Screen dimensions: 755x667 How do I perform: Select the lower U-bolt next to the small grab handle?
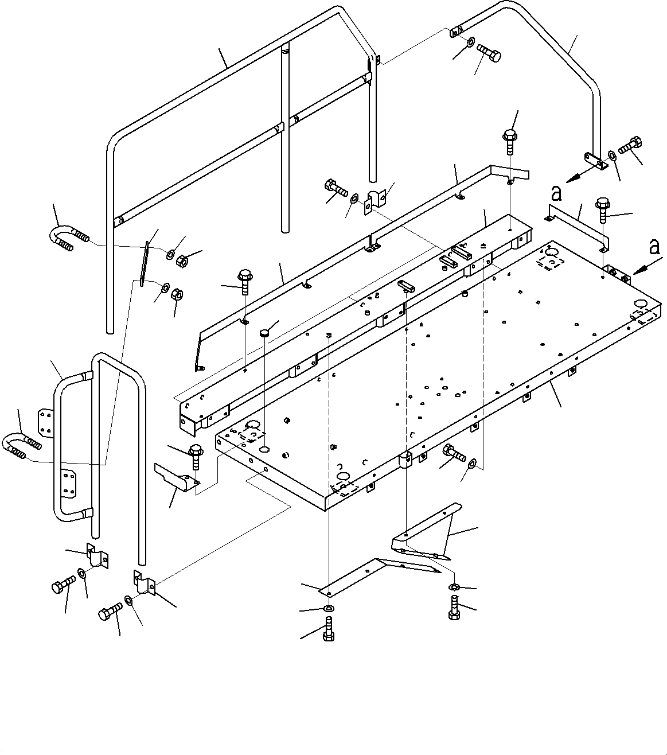(21, 445)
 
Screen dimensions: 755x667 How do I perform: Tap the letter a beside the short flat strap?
(555, 194)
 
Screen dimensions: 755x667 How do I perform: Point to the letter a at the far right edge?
(653, 247)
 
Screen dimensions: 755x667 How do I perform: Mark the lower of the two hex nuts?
(178, 295)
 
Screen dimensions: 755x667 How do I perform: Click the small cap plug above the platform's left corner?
(264, 333)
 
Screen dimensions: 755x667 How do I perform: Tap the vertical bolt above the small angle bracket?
(196, 455)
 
